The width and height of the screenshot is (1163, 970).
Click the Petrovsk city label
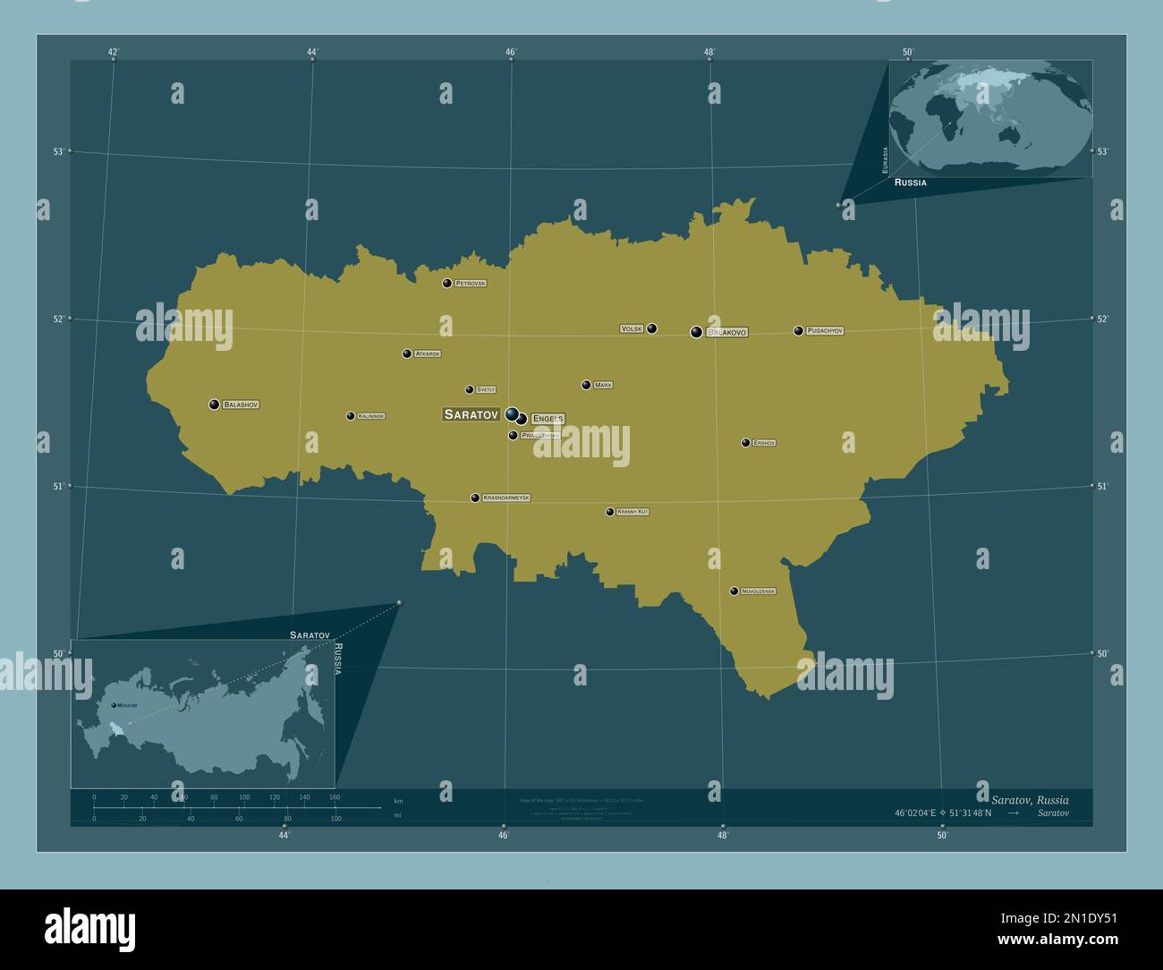[x=470, y=284]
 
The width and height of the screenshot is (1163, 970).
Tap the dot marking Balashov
[x=215, y=404]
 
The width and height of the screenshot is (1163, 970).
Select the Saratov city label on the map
[x=471, y=414]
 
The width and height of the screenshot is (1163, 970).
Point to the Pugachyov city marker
[x=799, y=331]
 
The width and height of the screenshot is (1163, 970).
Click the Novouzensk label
[x=758, y=591]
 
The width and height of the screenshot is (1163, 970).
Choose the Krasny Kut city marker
[x=610, y=512]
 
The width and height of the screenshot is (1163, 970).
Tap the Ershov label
[x=764, y=443]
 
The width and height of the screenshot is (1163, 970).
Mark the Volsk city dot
[x=652, y=328]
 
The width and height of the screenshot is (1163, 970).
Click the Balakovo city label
[x=726, y=332]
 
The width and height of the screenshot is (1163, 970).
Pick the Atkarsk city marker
[x=407, y=353]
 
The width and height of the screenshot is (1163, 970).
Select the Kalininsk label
[x=371, y=416]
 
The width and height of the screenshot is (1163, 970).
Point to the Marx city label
[x=603, y=385]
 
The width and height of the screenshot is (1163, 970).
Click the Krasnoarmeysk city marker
[x=476, y=498]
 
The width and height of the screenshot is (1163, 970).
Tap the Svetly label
[x=486, y=390]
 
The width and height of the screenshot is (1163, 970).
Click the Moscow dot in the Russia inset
[x=114, y=705]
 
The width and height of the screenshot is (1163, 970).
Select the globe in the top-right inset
[x=991, y=115]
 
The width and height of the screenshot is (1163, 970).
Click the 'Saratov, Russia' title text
[x=1029, y=799]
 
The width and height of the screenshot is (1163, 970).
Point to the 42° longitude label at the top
[x=114, y=52]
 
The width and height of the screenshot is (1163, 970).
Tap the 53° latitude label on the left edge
[x=58, y=151]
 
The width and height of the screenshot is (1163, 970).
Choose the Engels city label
[x=547, y=419]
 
